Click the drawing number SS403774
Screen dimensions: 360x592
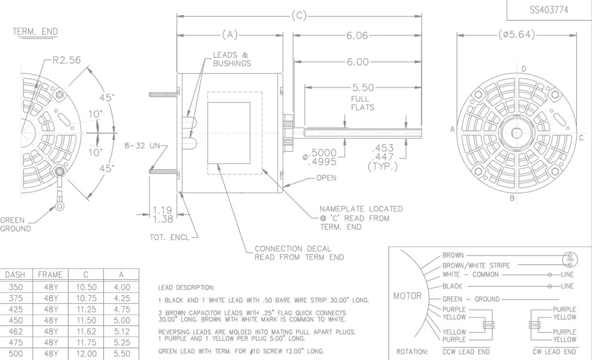point(549,10)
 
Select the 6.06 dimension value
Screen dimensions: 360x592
point(357,36)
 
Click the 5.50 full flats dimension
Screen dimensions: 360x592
point(363,87)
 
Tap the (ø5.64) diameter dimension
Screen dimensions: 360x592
point(517,35)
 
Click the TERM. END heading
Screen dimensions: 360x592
point(35,31)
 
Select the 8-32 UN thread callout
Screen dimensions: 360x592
point(142,146)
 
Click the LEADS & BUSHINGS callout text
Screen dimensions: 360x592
point(232,59)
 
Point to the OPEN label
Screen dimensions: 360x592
point(326,178)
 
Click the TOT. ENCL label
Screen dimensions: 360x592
point(169,237)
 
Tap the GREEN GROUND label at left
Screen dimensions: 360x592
point(16,224)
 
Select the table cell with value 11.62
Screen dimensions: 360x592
point(86,331)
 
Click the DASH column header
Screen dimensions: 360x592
point(15,274)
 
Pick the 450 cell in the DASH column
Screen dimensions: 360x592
point(15,320)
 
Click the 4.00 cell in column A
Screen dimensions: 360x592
point(122,287)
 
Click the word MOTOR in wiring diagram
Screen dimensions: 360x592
point(407,296)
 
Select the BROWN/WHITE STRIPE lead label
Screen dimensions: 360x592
point(476,266)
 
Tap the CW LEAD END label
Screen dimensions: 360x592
point(554,352)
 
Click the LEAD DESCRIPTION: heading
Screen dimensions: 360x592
point(186,288)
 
